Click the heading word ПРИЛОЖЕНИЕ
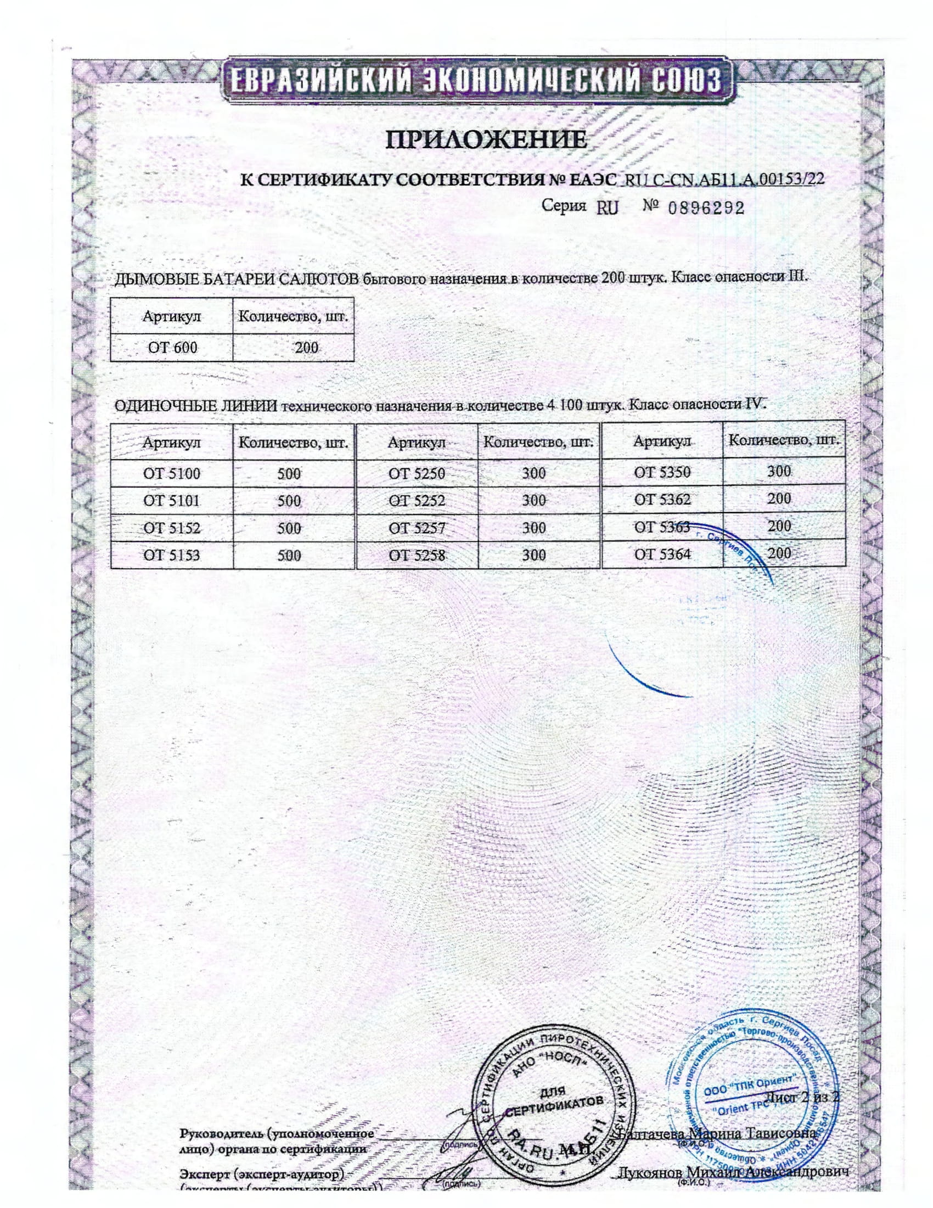point(485,140)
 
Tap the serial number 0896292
point(706,208)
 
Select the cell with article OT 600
point(172,348)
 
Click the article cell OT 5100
point(172,473)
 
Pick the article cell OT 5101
point(172,501)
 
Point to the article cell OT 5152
point(172,528)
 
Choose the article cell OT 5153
point(172,555)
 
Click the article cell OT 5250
point(417,473)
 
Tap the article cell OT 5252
point(417,501)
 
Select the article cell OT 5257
point(417,528)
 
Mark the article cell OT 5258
point(417,555)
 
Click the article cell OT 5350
point(662,472)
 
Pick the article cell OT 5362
point(662,500)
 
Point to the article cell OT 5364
point(662,553)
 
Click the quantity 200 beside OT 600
point(306,348)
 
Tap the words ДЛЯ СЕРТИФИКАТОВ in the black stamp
point(553,1100)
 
